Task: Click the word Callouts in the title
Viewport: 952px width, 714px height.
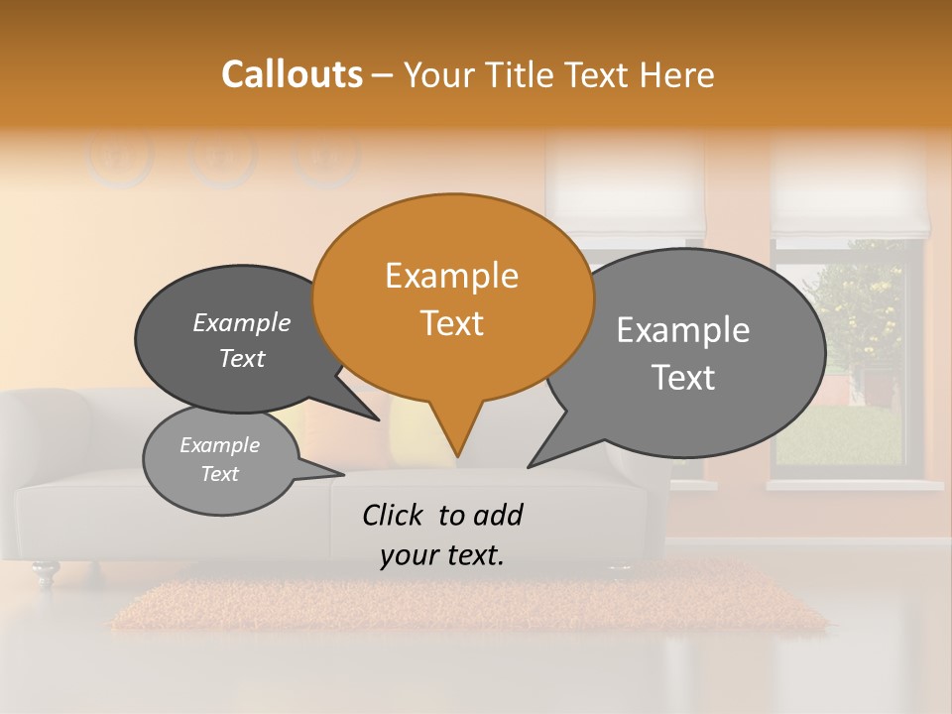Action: (x=292, y=74)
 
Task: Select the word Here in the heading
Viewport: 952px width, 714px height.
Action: (x=678, y=75)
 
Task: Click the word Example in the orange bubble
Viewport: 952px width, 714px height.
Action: (x=451, y=276)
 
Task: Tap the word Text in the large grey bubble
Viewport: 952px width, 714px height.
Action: (x=684, y=378)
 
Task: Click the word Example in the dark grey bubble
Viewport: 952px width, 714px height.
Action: (x=241, y=323)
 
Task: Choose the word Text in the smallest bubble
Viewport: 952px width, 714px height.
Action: (x=219, y=474)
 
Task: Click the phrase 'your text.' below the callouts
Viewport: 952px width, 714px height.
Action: (x=442, y=556)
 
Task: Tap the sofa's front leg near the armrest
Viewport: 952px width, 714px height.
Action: (x=44, y=573)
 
